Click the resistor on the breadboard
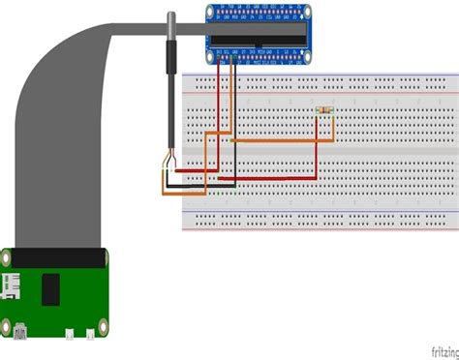tap(324, 112)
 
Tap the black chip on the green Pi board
tap(51, 288)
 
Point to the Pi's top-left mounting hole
tap(6, 259)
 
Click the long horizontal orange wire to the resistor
tap(281, 141)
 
